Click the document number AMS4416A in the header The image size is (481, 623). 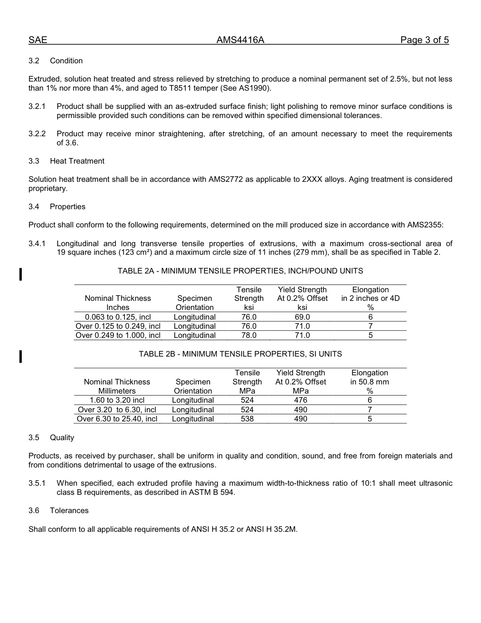[240, 41]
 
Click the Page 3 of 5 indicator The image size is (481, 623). [424, 41]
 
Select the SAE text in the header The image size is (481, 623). [37, 41]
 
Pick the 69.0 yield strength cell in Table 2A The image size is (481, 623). [302, 317]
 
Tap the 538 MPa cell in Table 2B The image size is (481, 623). [247, 419]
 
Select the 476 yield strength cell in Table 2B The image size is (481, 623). [300, 400]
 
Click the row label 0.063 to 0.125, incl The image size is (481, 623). [118, 317]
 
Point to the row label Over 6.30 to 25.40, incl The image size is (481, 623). [117, 419]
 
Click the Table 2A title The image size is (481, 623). [240, 271]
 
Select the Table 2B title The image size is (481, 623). [240, 354]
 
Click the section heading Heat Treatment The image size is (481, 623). [77, 161]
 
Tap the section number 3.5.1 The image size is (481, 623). [37, 483]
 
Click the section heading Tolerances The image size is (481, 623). [69, 511]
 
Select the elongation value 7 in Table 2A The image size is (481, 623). [370, 326]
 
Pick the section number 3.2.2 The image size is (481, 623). [37, 134]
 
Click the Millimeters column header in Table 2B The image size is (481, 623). [117, 391]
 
